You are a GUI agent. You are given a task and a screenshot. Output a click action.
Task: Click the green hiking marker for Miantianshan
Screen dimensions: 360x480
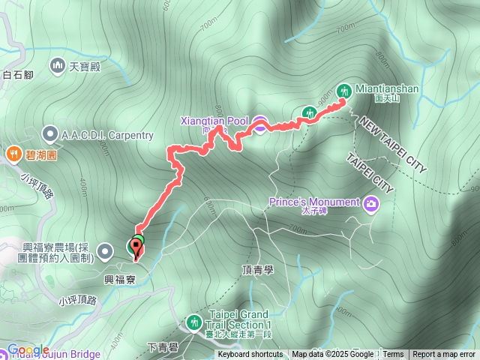344,90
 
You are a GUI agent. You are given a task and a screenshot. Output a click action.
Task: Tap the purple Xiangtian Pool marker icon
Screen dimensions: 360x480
259,124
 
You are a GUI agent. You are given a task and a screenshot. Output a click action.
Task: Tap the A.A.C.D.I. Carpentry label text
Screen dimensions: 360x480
108,135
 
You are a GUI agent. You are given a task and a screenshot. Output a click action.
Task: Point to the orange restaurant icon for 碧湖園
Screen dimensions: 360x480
13,154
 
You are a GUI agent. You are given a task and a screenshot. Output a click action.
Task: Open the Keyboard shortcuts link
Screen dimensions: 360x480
250,355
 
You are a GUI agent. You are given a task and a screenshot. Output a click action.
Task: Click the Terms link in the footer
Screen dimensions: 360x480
393,355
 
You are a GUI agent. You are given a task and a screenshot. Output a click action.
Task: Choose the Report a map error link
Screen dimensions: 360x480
444,355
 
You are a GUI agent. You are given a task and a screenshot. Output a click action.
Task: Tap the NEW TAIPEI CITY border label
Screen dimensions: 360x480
391,145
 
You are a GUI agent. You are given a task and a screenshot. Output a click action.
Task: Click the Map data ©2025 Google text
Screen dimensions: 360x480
332,355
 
